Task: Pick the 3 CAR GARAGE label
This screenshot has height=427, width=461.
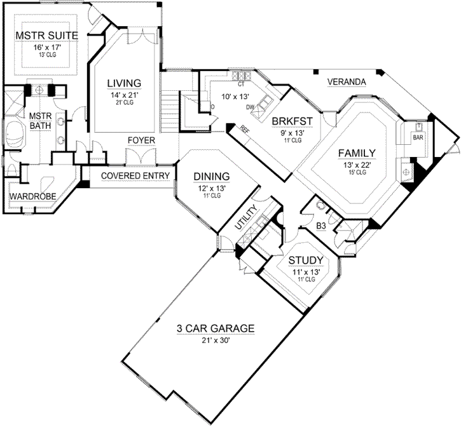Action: pyautogui.click(x=216, y=329)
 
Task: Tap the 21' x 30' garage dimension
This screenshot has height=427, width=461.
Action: pyautogui.click(x=216, y=341)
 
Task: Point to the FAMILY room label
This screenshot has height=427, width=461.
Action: pyautogui.click(x=357, y=152)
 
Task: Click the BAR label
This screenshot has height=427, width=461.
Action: pyautogui.click(x=418, y=137)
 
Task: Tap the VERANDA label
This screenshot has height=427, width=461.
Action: pyautogui.click(x=346, y=82)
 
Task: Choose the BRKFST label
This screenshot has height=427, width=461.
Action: pyautogui.click(x=290, y=121)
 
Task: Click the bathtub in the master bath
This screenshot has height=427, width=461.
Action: pyautogui.click(x=14, y=135)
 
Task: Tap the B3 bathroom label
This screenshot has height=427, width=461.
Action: pyautogui.click(x=322, y=225)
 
